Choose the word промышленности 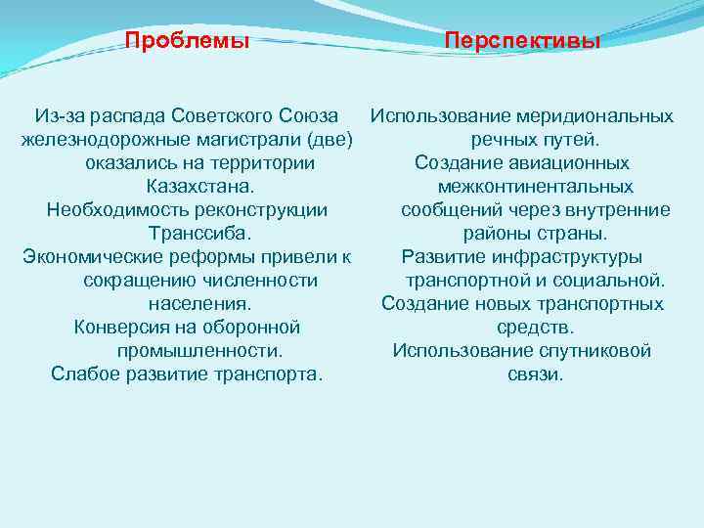pyautogui.click(x=199, y=351)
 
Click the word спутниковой pyautogui.click(x=590, y=351)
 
